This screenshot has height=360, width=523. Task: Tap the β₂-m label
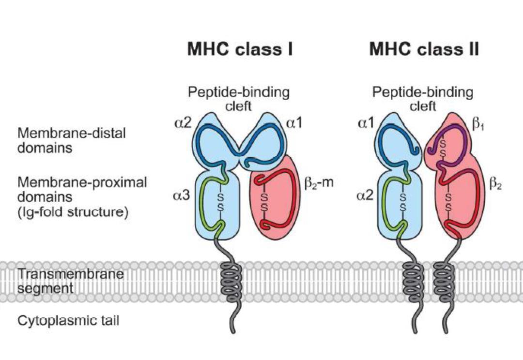click(319, 184)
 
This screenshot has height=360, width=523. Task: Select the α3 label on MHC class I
click(183, 197)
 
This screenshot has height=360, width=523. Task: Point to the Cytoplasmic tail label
click(68, 320)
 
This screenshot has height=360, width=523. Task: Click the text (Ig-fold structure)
click(73, 212)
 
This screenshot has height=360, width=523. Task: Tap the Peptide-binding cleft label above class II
click(423, 99)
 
